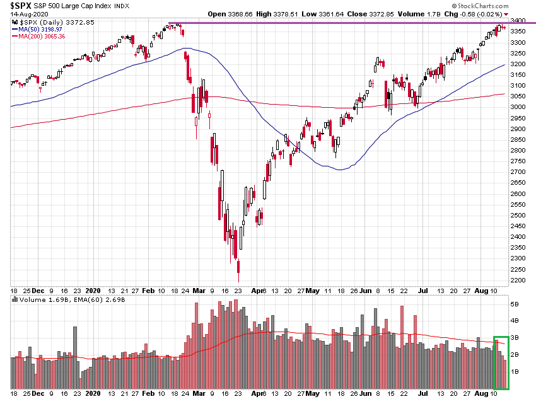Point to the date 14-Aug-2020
[21, 14]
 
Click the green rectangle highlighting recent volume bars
[500, 363]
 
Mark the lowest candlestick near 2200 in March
[238, 272]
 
